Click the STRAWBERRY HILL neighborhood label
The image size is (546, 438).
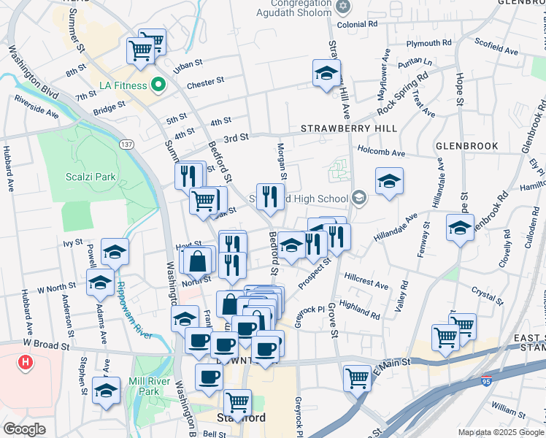coord(349,128)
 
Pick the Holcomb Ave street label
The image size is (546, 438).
coord(381,153)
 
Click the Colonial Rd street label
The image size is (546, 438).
coord(357,24)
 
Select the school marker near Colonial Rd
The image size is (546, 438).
coord(326,74)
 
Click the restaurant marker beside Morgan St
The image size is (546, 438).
coord(270,196)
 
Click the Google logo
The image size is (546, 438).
coord(24,429)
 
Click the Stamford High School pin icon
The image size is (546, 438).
coord(358,198)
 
